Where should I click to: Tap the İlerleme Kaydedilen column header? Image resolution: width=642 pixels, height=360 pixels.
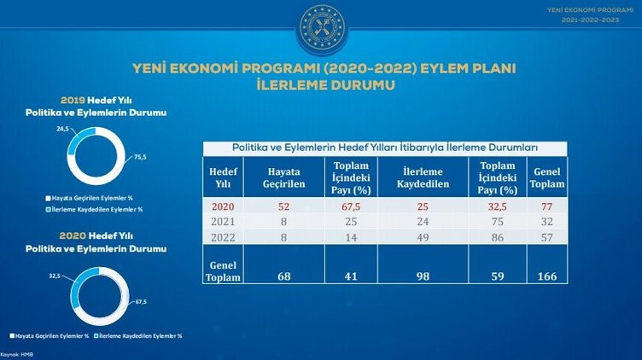[x=420, y=176]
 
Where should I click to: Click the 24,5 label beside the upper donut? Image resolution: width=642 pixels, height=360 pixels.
[x=61, y=130]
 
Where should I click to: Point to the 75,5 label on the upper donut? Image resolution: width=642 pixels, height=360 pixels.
[x=140, y=157]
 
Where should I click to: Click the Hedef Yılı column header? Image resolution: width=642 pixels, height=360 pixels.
[x=221, y=176]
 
